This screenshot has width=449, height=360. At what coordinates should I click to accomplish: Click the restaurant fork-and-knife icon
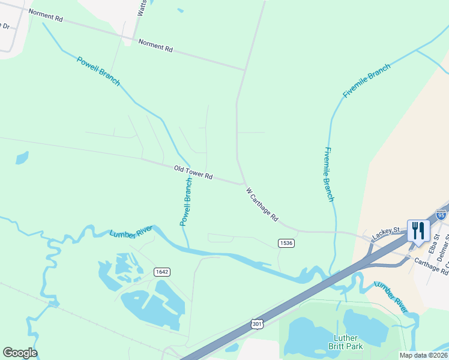[418, 230]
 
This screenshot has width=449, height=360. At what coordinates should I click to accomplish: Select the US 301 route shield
[256, 324]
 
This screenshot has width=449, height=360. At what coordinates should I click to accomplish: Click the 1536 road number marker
[286, 242]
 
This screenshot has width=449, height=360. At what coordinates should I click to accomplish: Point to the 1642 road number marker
[161, 272]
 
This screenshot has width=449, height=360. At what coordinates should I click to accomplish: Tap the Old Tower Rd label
[193, 173]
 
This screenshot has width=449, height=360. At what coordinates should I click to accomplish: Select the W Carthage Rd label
[262, 205]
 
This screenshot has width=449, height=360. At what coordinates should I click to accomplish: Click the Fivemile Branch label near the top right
[366, 80]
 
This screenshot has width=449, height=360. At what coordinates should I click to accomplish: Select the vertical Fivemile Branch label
[328, 173]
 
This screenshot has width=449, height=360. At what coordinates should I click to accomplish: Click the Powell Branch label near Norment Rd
[98, 70]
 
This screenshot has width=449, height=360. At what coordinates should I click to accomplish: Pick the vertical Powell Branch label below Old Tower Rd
[186, 202]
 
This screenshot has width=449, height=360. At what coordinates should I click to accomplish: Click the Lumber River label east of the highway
[391, 297]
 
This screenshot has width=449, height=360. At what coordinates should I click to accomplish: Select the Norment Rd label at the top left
[45, 16]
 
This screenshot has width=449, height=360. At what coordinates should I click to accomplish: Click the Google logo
[20, 353]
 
